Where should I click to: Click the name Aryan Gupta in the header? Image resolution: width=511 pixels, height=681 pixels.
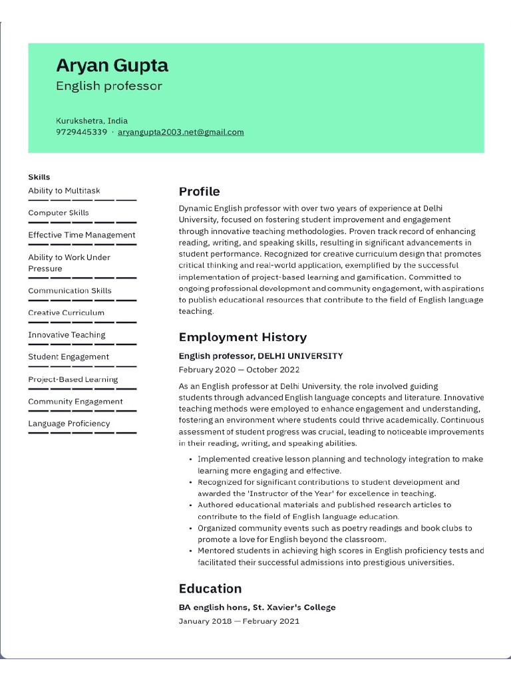coord(112,65)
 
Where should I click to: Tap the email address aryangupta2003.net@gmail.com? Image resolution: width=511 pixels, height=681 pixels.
coord(180,132)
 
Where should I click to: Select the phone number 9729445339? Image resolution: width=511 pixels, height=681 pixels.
coord(81,132)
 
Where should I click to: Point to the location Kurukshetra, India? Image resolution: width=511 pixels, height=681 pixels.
coord(91,121)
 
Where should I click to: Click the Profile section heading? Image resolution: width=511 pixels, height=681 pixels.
coord(199,192)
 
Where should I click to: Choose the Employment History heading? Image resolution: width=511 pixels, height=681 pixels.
coord(242,337)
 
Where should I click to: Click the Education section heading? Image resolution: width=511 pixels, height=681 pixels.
coord(210,589)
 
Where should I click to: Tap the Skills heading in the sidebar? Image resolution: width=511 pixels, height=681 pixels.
coord(39,177)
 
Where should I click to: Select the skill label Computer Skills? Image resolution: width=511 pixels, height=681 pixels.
coord(58,213)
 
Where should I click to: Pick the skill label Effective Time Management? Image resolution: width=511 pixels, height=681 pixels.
coord(81,235)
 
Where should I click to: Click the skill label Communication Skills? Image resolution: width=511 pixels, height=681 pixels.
coord(69,291)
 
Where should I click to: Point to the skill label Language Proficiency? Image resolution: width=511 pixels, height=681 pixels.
coord(69,424)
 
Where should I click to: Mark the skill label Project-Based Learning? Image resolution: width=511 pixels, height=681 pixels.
coord(73,379)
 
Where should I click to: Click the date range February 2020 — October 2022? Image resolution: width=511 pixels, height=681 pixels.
coord(239,370)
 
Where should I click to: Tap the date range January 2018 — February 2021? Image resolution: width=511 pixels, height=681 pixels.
coord(239,621)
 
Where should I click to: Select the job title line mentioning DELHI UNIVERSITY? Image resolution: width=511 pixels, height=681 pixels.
coord(261,356)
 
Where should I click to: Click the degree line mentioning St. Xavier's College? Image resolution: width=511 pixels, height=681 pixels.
coord(257,607)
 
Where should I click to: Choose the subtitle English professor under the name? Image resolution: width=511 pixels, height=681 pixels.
coord(108,86)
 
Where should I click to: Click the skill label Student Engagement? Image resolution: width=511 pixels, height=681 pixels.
coord(69,357)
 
